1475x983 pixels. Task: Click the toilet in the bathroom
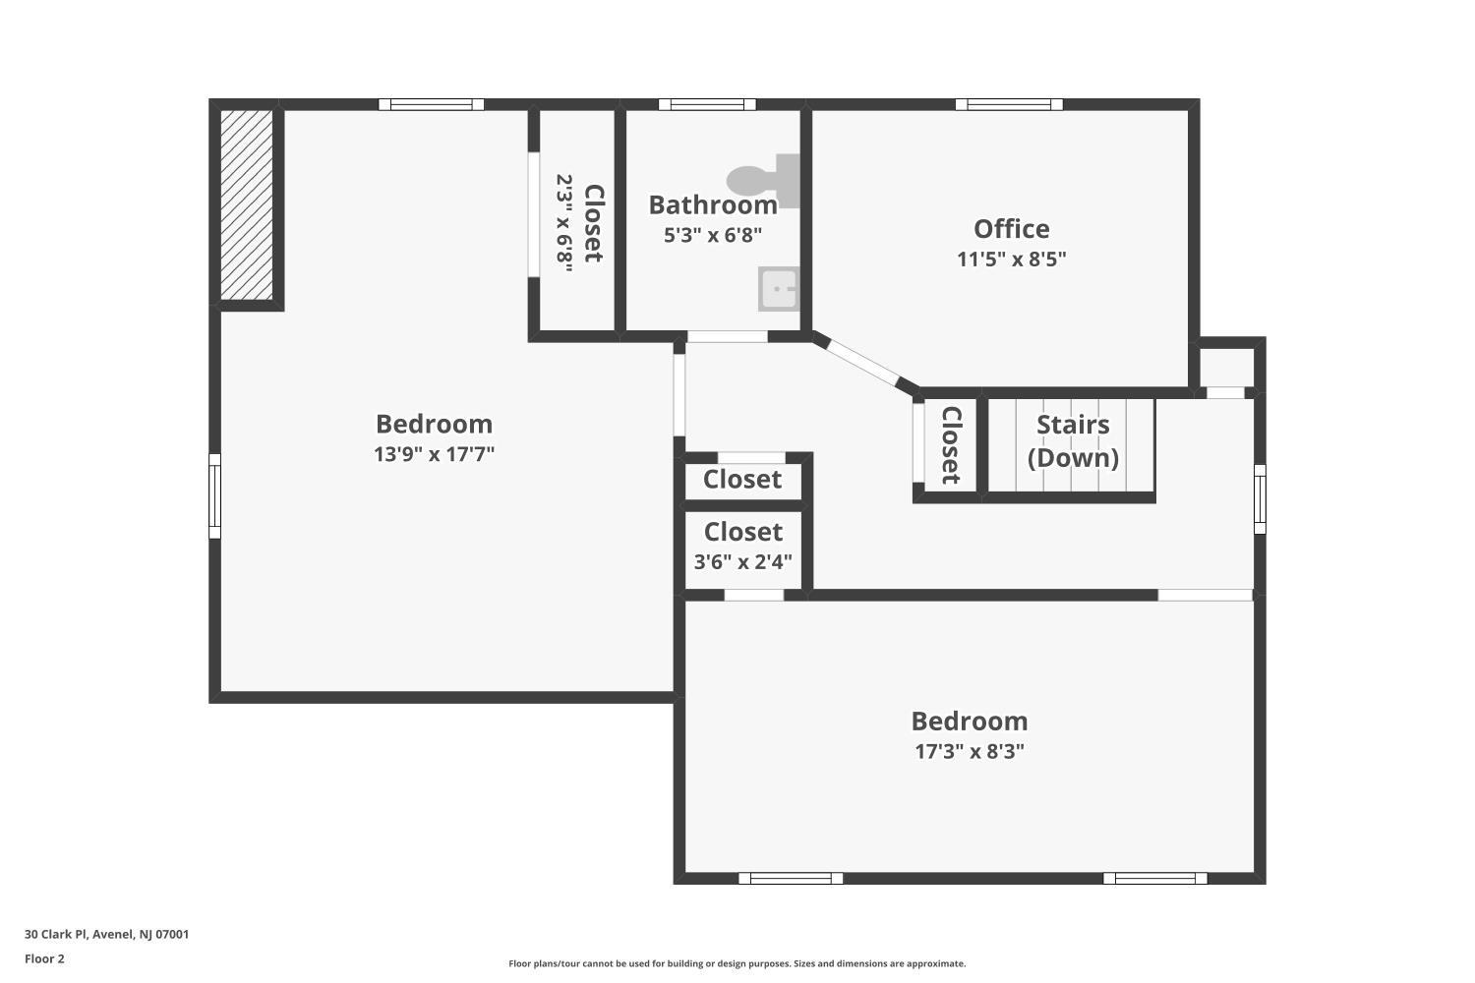tap(764, 181)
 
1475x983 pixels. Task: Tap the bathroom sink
tap(779, 288)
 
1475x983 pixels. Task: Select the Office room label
tap(1012, 228)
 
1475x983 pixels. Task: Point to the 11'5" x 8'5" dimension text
tap(1012, 260)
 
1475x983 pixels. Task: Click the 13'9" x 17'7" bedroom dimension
tap(434, 454)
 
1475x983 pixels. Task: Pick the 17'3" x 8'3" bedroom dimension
tap(970, 751)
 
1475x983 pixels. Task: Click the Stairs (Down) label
tap(1074, 441)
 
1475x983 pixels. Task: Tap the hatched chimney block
tap(246, 204)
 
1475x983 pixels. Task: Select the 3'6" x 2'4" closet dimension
tap(742, 561)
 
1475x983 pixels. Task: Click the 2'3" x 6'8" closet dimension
tap(565, 222)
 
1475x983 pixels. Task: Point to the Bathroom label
tap(713, 204)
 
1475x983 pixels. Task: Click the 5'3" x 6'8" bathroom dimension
tap(713, 235)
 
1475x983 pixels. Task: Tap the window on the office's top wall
tap(1010, 104)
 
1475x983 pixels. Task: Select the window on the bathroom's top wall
tap(707, 104)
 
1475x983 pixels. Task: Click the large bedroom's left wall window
tap(214, 495)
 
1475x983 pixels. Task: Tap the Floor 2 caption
tap(45, 958)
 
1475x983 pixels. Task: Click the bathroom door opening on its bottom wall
tap(728, 336)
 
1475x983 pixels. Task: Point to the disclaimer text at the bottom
tap(737, 963)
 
